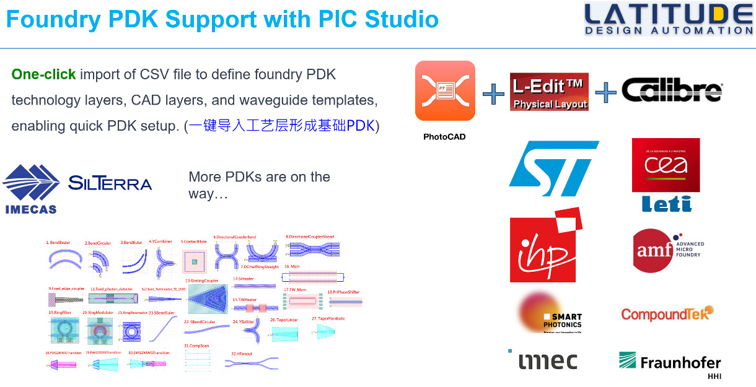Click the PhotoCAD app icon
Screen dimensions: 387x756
pyautogui.click(x=445, y=90)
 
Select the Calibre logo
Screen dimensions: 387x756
pyautogui.click(x=672, y=91)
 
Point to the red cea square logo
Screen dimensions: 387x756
pyautogui.click(x=666, y=165)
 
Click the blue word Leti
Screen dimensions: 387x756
pyautogui.click(x=666, y=203)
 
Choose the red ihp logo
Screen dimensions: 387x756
pyautogui.click(x=545, y=245)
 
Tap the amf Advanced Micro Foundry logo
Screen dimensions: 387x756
pyautogui.click(x=667, y=250)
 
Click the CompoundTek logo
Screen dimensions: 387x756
pyautogui.click(x=667, y=314)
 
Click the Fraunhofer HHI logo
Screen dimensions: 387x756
pyautogui.click(x=670, y=363)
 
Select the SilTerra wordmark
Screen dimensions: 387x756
pyautogui.click(x=110, y=183)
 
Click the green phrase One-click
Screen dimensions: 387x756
pyautogui.click(x=43, y=75)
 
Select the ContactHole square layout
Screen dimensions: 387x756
pyautogui.click(x=195, y=262)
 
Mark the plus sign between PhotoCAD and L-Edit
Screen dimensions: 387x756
pyautogui.click(x=493, y=93)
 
